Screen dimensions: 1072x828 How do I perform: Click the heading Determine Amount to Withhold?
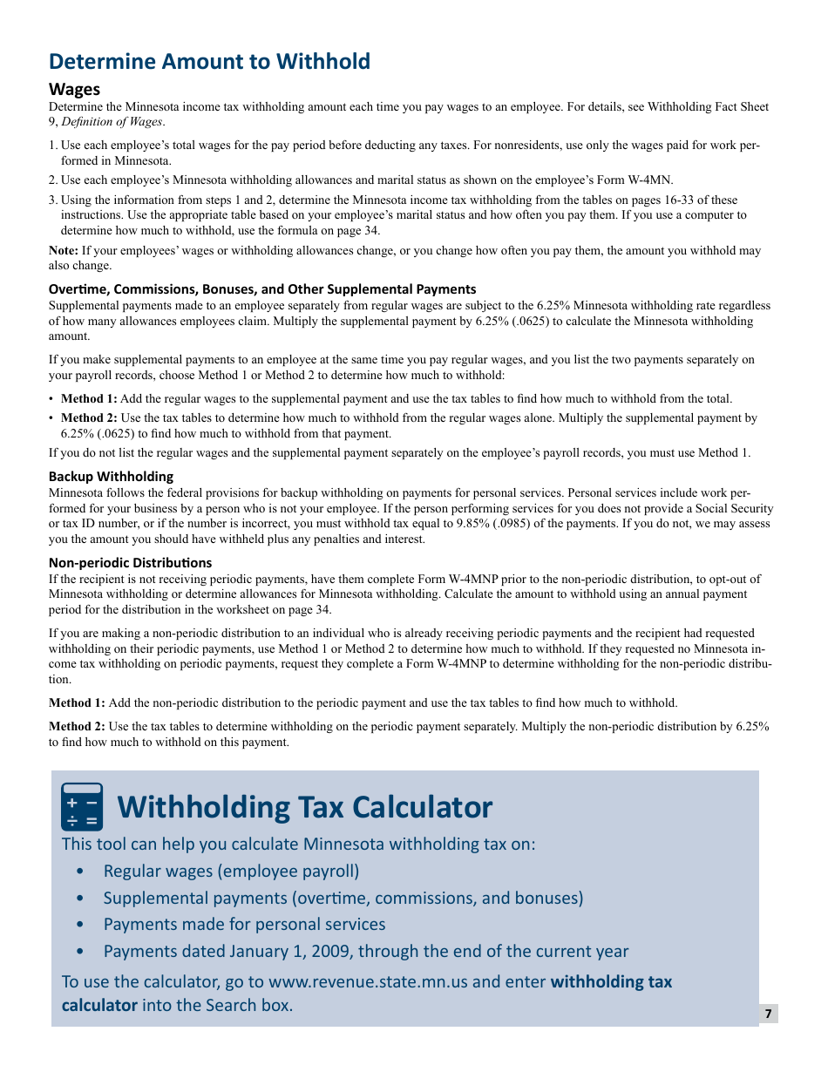point(209,61)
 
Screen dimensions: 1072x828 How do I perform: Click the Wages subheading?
point(74,89)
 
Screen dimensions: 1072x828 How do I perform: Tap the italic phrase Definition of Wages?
point(111,122)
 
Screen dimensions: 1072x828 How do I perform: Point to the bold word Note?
point(64,251)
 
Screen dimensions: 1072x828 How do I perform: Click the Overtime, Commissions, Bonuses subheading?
point(261,289)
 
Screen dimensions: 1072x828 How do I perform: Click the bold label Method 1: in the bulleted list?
point(89,399)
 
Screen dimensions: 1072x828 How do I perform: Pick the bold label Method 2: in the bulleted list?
point(89,418)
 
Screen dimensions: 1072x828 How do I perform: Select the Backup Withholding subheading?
point(111,477)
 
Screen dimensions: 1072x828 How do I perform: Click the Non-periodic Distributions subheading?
point(130,563)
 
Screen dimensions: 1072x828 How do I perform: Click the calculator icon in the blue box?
point(82,807)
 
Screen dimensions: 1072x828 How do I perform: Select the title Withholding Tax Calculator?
point(304,807)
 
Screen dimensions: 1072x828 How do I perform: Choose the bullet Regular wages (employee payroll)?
point(231,871)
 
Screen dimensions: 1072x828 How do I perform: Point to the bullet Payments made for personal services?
point(244,924)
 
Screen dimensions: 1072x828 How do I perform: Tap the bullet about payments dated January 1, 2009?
point(365,951)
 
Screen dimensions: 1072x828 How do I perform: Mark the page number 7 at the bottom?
point(768,1014)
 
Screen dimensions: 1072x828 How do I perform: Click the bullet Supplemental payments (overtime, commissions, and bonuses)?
point(343,898)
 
